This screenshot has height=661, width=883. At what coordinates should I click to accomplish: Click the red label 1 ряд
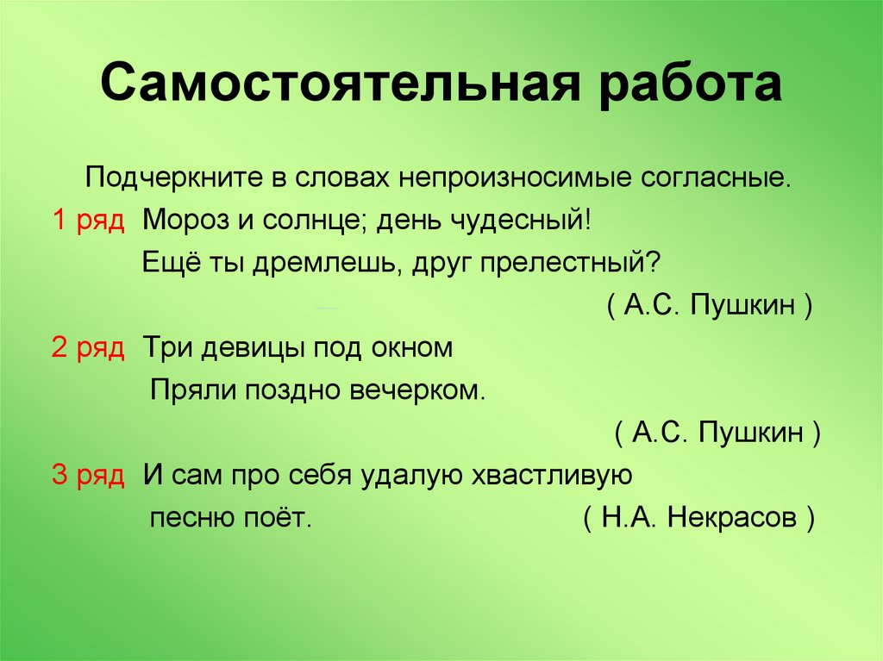tap(89, 220)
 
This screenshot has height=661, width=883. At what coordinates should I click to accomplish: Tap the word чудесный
tap(521, 220)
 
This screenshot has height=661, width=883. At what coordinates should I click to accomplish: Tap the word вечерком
tap(418, 390)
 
